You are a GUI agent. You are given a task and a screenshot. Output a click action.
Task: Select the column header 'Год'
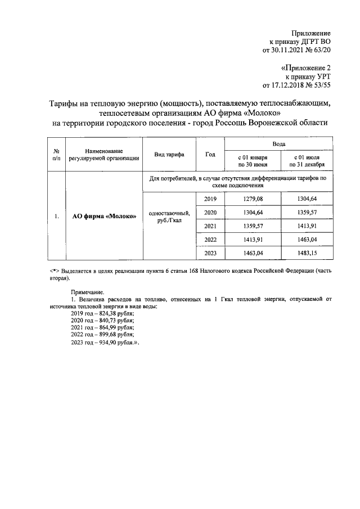tap(210, 155)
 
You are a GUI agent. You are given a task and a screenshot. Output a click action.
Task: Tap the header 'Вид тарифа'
tap(168, 155)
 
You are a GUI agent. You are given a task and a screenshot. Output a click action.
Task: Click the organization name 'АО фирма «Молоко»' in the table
tap(104, 217)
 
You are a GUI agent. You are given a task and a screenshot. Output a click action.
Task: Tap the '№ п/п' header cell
tap(56, 155)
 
